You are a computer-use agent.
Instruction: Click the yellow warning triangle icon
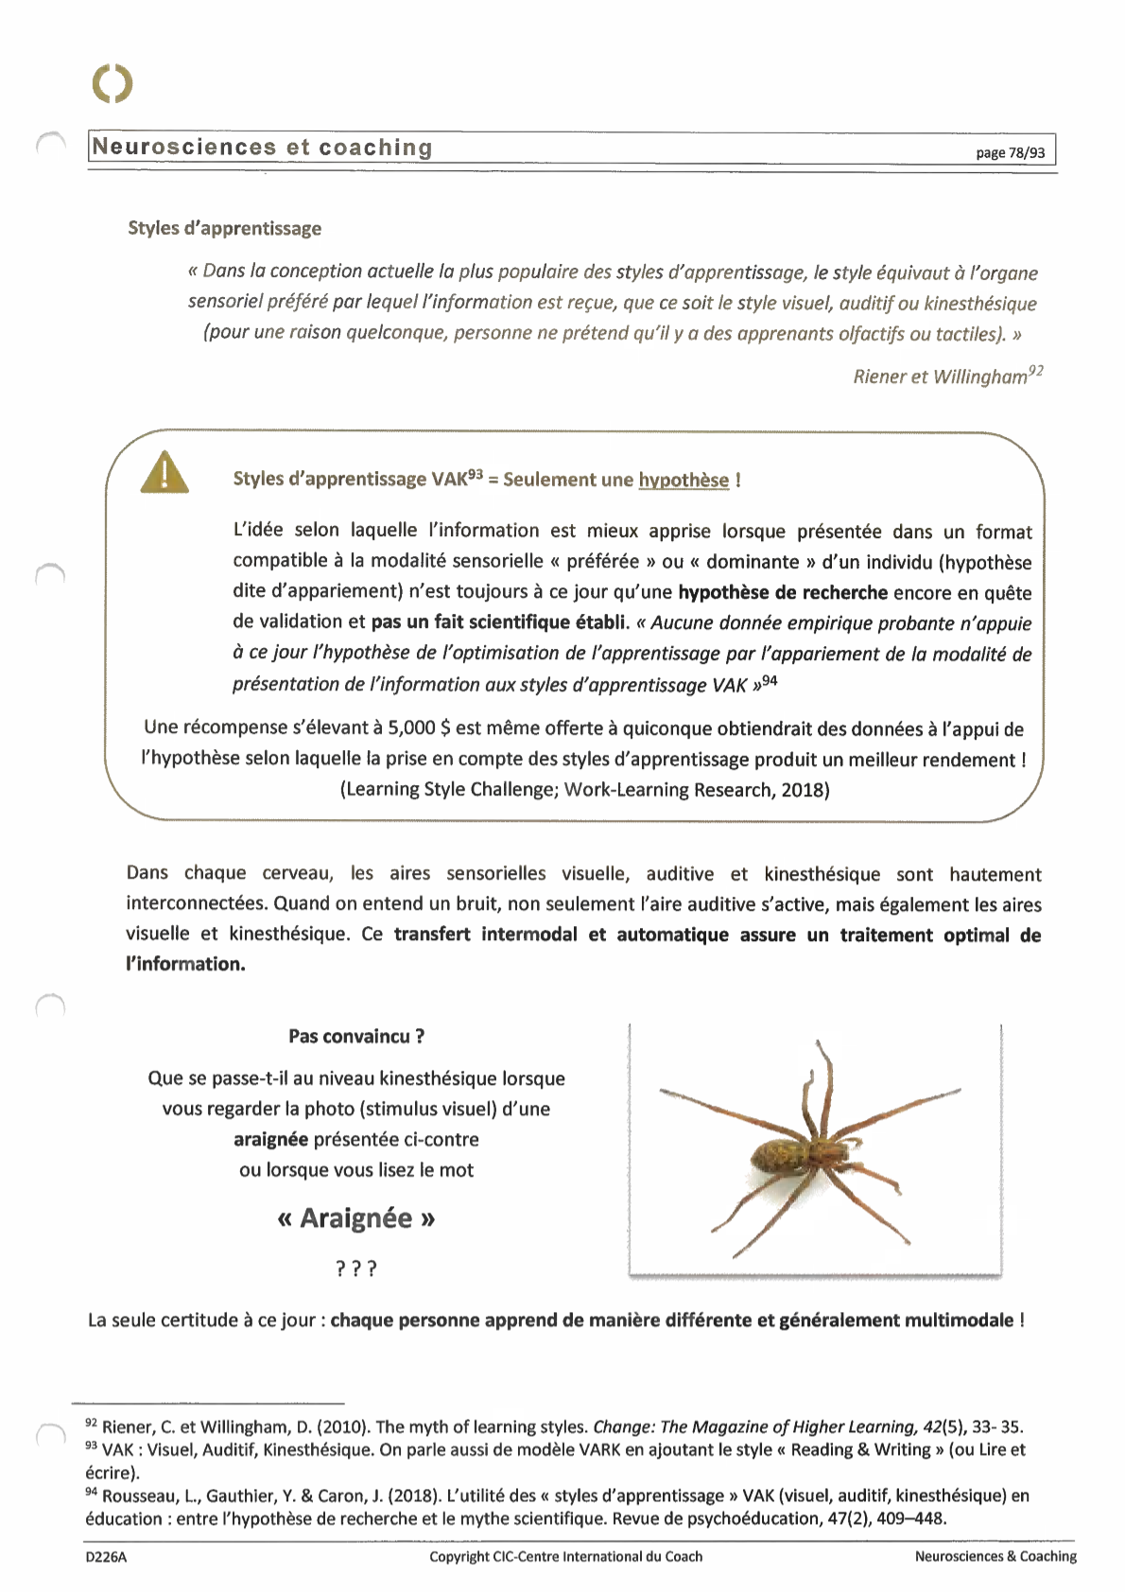[x=164, y=473]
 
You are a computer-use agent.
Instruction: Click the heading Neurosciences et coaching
[x=263, y=148]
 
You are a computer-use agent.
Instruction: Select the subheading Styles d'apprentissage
[x=225, y=228]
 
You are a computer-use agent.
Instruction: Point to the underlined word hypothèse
[x=684, y=480]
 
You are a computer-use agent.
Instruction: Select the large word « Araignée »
[x=356, y=1217]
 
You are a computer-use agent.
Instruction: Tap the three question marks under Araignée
[x=356, y=1268]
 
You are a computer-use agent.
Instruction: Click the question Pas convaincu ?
[x=356, y=1036]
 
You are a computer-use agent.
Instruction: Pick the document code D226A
[x=105, y=1556]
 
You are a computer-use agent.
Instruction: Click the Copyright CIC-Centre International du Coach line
[x=565, y=1556]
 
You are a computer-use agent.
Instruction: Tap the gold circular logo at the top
[x=112, y=83]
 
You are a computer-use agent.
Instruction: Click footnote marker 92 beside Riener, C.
[x=92, y=1424]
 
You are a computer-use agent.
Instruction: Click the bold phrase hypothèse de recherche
[x=783, y=593]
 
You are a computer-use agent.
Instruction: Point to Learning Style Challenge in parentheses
[x=448, y=790]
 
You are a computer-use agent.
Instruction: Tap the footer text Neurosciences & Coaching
[x=995, y=1556]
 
